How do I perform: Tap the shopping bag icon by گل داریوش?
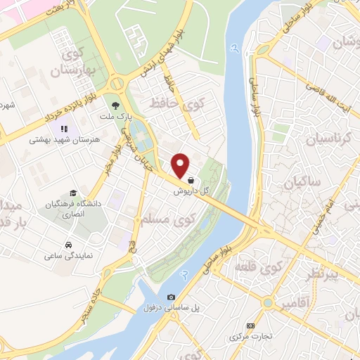191,180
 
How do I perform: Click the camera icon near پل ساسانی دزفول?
172,297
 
